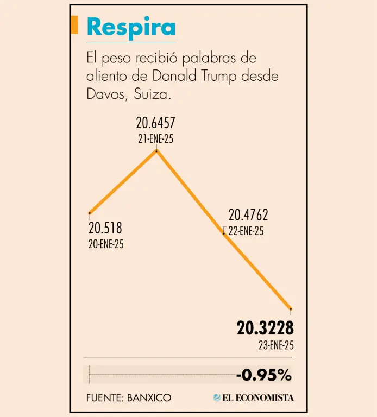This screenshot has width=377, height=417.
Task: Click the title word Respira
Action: (131, 27)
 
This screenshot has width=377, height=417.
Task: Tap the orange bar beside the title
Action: (74, 26)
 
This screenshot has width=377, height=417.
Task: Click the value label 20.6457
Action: (155, 124)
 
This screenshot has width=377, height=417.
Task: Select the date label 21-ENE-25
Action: (155, 138)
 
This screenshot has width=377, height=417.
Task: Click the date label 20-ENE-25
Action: (106, 244)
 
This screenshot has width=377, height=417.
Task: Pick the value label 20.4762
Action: (248, 215)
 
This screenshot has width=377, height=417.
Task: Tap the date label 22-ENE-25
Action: (246, 231)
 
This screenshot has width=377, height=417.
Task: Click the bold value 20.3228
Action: (265, 328)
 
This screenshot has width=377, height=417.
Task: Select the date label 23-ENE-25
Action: (276, 345)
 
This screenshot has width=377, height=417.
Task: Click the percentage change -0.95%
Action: (263, 375)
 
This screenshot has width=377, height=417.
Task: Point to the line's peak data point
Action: (156, 150)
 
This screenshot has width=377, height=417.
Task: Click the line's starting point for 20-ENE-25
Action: (89, 213)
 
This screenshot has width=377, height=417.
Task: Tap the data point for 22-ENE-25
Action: (224, 233)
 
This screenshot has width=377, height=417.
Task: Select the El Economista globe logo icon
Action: (217, 397)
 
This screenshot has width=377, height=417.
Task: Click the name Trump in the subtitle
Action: (217, 76)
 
